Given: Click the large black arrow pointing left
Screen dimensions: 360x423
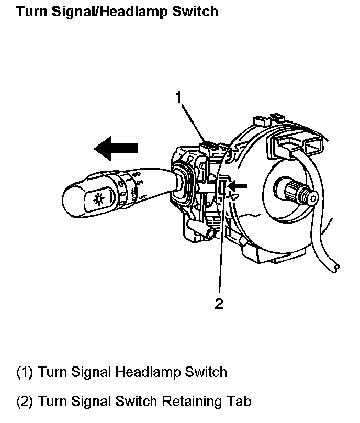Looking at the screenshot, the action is [x=116, y=148].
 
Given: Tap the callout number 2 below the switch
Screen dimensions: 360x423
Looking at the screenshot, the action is [x=219, y=303].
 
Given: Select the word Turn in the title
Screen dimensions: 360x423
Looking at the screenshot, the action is [x=31, y=11].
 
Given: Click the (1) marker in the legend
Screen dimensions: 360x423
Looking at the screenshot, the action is [x=25, y=372].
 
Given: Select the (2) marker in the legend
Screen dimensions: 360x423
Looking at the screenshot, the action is [x=25, y=402].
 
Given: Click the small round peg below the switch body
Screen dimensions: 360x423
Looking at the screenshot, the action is [x=212, y=233].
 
